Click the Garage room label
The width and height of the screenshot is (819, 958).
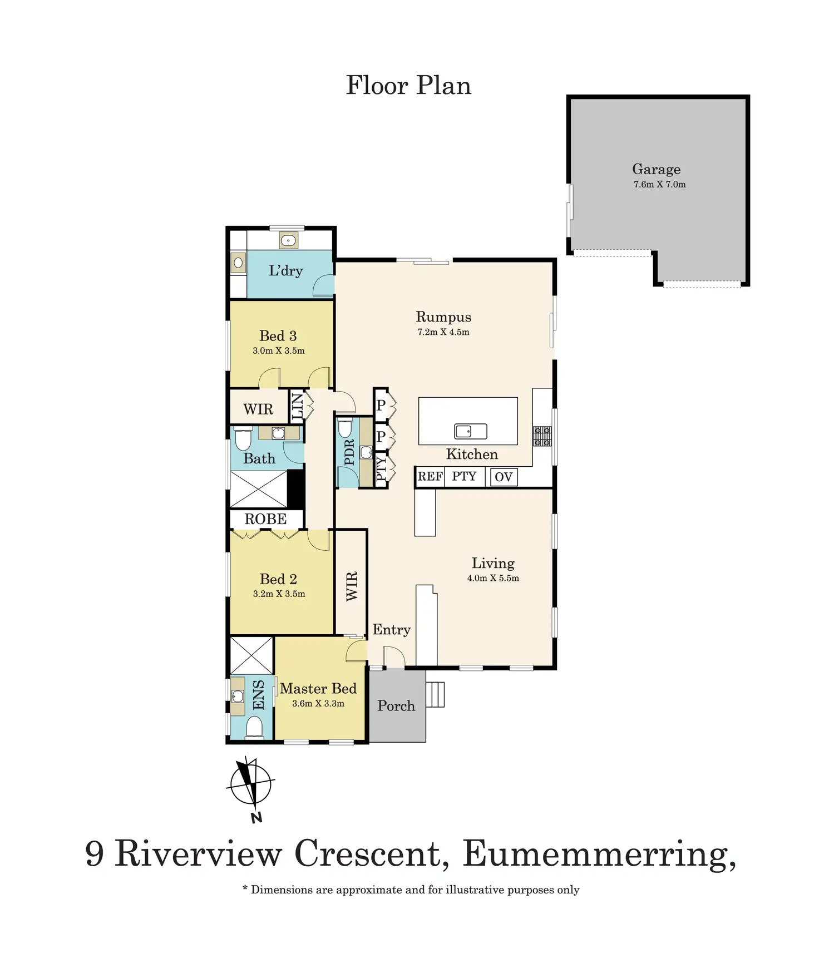click(656, 169)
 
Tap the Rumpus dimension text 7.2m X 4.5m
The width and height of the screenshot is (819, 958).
click(443, 332)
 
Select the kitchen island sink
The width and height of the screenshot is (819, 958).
click(471, 431)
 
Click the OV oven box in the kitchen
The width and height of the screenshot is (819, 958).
click(504, 477)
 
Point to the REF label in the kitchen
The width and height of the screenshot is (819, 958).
click(430, 476)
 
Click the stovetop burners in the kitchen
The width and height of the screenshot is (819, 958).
click(542, 436)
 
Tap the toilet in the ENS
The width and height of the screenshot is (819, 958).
click(254, 727)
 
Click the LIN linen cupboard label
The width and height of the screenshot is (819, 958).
click(298, 406)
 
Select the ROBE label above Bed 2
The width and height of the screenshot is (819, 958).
click(265, 519)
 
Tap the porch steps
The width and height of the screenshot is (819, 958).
click(435, 694)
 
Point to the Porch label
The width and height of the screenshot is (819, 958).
click(396, 706)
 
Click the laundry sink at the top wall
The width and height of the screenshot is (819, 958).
click(288, 240)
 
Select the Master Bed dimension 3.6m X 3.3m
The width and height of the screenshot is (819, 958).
click(318, 703)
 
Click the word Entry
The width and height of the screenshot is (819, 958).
click(392, 630)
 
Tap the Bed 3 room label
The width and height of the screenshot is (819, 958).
click(278, 336)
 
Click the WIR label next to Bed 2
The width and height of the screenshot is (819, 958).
click(352, 586)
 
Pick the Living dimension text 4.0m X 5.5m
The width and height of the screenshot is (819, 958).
click(493, 578)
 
